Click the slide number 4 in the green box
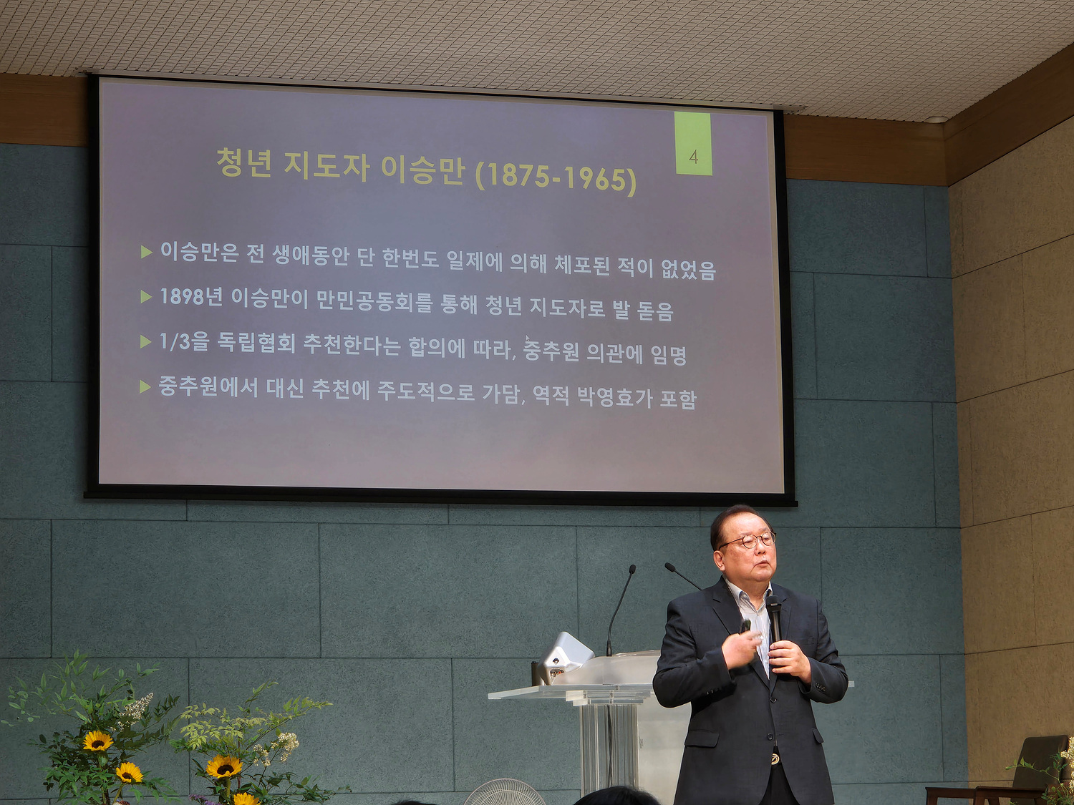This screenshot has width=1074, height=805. pyautogui.click(x=693, y=157)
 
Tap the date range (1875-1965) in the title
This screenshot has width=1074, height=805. pyautogui.click(x=556, y=179)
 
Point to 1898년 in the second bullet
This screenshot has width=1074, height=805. pyautogui.click(x=191, y=296)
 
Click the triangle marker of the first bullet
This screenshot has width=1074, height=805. pyautogui.click(x=146, y=252)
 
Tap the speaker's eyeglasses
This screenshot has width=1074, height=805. pyautogui.click(x=748, y=540)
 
